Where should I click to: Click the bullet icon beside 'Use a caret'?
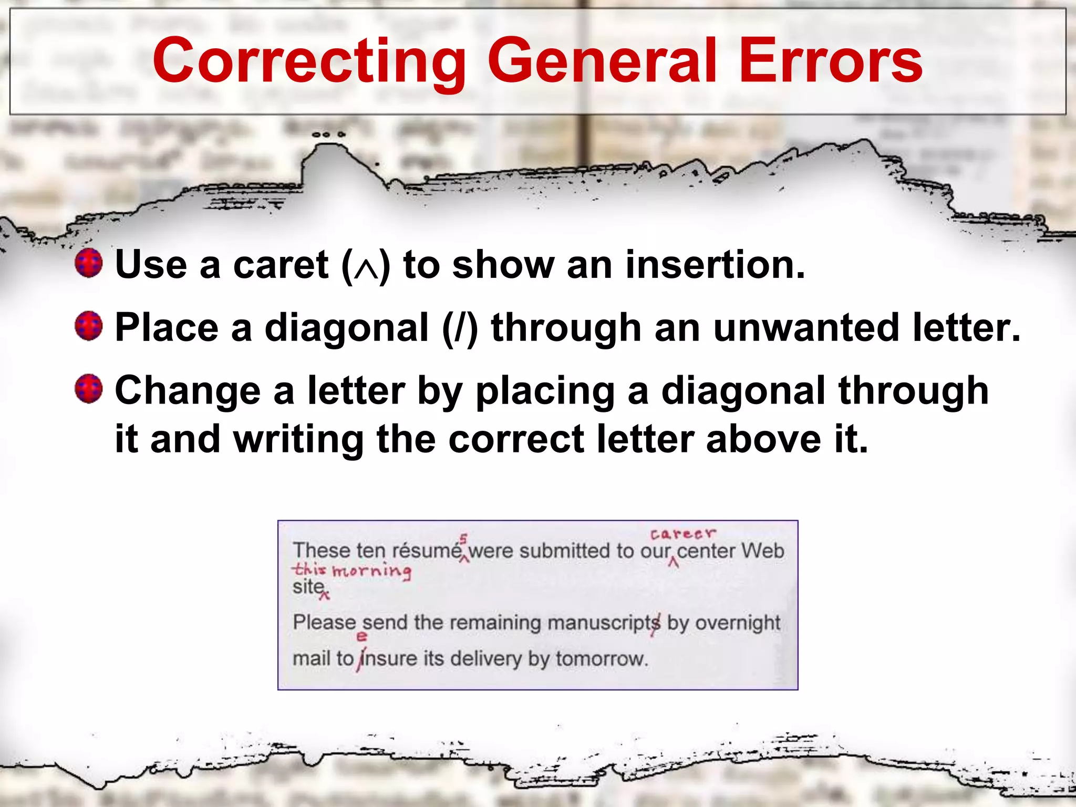tap(88, 263)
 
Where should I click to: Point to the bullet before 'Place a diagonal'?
tap(88, 326)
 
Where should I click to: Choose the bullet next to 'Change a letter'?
tap(88, 389)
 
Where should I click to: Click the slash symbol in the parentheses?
tap(460, 328)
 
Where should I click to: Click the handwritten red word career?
tap(682, 534)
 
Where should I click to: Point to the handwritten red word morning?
tap(372, 571)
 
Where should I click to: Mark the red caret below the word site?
tap(325, 596)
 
